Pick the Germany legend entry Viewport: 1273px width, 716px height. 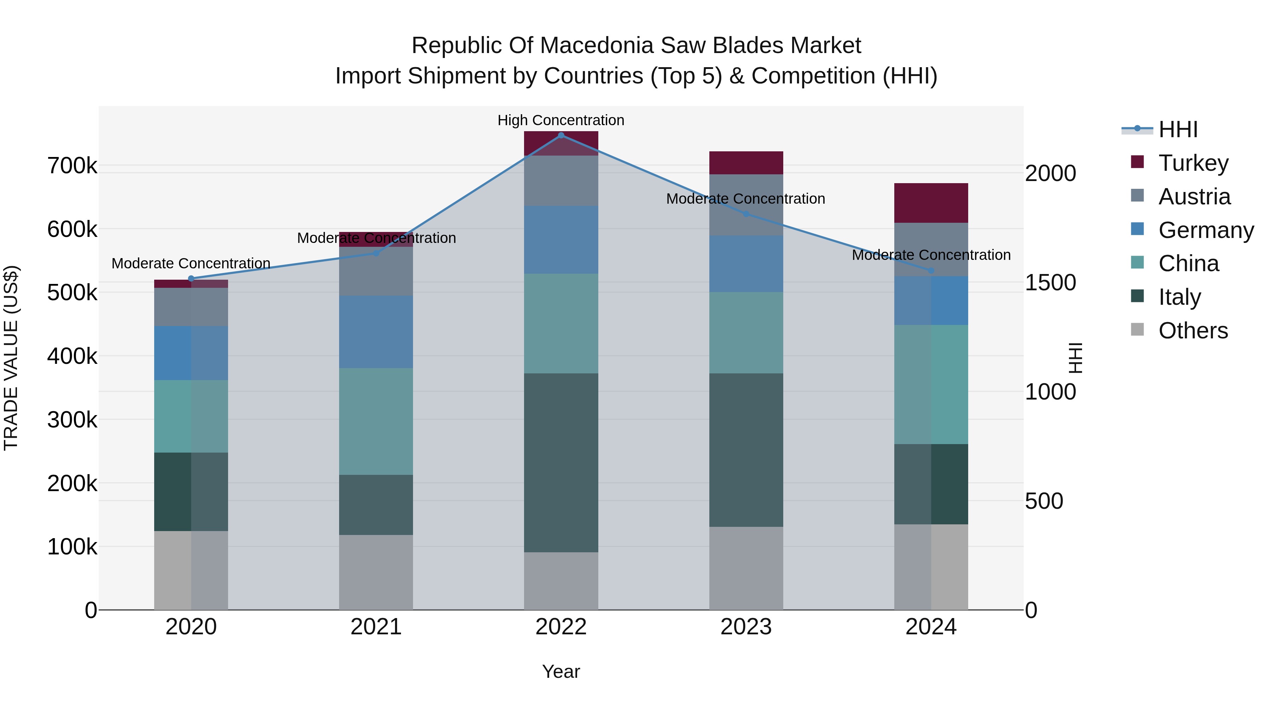click(1205, 230)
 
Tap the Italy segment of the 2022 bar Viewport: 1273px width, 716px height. click(561, 462)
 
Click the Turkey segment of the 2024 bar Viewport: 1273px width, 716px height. click(931, 203)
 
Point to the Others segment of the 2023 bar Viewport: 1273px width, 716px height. click(746, 568)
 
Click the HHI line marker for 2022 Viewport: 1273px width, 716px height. click(561, 135)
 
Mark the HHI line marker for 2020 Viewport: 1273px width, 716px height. click(191, 279)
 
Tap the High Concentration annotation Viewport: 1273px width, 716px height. click(561, 121)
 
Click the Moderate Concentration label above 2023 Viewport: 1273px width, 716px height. click(746, 199)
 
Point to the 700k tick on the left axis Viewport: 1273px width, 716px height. click(72, 166)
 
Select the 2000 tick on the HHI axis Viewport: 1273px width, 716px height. click(1051, 174)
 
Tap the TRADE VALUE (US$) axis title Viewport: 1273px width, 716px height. click(11, 358)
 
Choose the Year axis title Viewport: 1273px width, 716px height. click(561, 671)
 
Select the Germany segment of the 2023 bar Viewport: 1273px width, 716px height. click(746, 264)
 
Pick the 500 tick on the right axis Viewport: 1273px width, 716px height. click(1044, 501)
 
